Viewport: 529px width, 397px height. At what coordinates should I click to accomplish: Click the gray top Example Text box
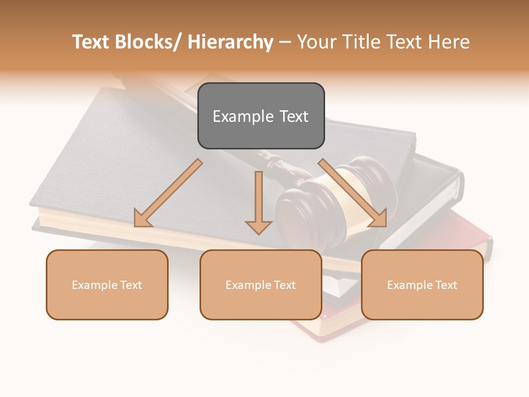261,116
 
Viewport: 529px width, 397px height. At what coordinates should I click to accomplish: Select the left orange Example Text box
107,285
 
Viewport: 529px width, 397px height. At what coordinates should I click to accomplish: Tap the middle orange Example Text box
261,285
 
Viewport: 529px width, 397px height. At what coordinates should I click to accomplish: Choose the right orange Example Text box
422,285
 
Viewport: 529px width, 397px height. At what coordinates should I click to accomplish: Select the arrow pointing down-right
353,194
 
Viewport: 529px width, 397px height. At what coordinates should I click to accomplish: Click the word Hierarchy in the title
230,42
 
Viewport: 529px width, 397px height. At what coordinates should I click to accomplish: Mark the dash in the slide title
285,42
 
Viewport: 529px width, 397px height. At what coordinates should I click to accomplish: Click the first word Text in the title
91,42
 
